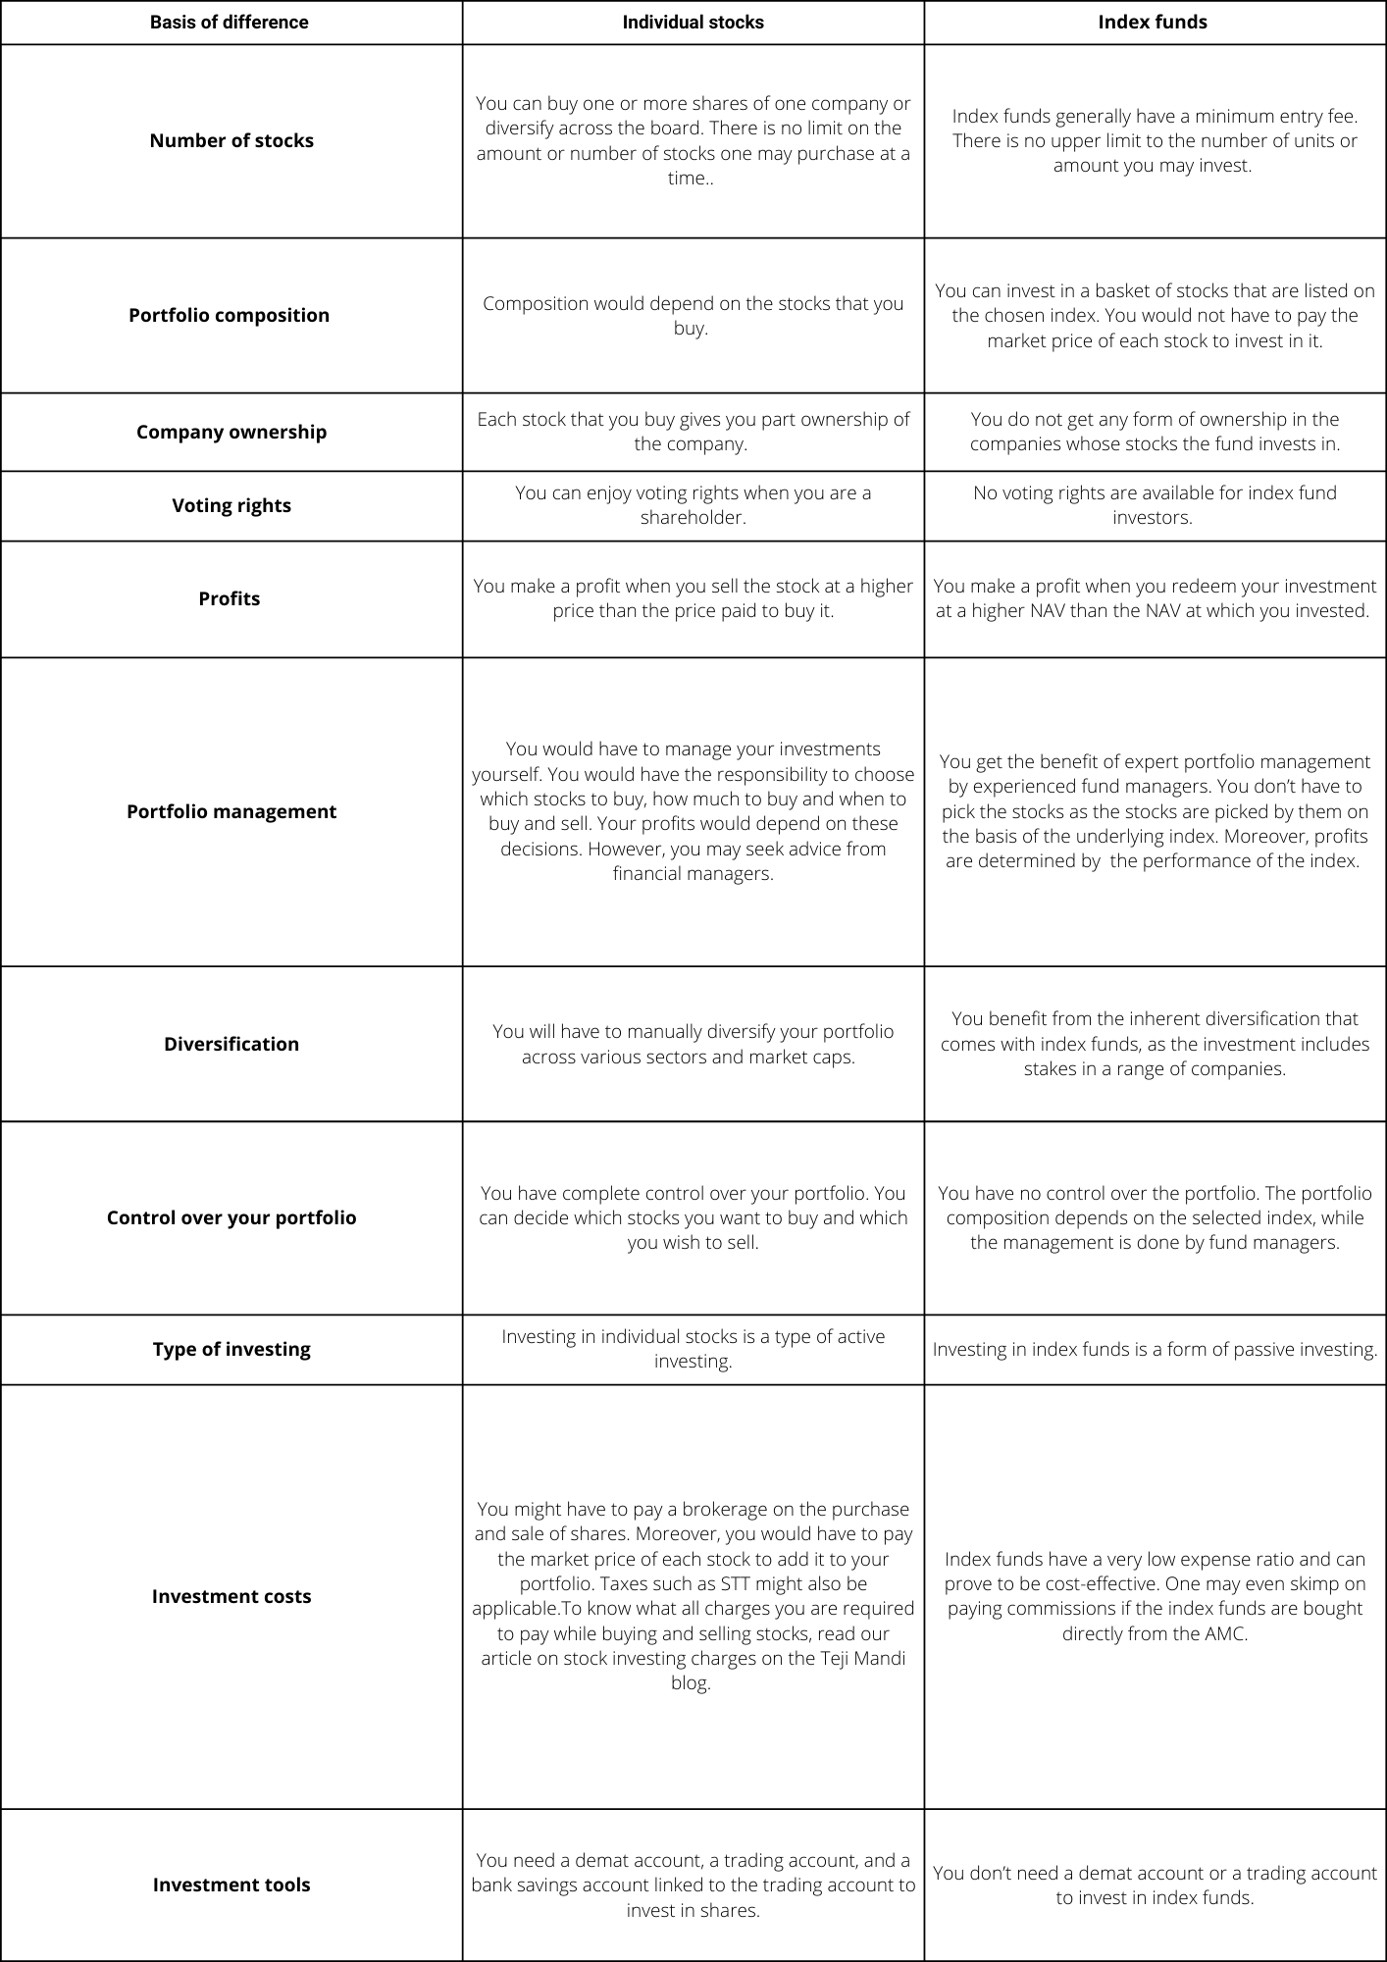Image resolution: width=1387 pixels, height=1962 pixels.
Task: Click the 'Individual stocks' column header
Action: pos(693,23)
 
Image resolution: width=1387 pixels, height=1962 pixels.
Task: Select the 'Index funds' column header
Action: pos(1153,23)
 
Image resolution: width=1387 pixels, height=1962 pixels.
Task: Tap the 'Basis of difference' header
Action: pos(229,23)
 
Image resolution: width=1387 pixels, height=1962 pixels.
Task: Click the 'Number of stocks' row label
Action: pos(231,140)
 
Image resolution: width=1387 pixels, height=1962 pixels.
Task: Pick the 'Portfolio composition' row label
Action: pos(229,315)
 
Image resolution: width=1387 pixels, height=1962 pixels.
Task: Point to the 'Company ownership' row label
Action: pos(231,432)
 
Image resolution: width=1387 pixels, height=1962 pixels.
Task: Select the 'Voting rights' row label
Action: pos(231,505)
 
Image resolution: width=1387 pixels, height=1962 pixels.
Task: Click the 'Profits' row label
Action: pos(229,598)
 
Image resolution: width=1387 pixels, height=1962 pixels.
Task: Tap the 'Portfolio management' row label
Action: pos(231,811)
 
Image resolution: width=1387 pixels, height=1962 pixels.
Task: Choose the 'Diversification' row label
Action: pos(231,1044)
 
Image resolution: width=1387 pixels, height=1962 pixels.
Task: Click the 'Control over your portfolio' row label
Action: pos(231,1217)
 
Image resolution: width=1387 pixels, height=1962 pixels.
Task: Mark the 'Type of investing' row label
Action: pos(231,1349)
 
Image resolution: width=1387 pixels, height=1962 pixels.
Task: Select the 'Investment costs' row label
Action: pos(231,1596)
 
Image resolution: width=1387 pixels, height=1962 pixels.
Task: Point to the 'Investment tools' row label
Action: pos(231,1885)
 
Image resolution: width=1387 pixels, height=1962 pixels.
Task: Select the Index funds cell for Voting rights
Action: pos(1154,505)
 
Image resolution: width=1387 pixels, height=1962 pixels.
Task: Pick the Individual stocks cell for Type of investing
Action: pos(693,1349)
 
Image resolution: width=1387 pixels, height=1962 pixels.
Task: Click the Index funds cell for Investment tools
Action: pos(1154,1885)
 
